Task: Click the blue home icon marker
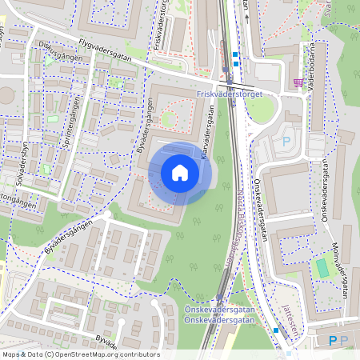(179, 173)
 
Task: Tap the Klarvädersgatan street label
(206, 135)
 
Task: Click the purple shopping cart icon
(298, 82)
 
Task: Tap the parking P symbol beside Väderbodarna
(286, 142)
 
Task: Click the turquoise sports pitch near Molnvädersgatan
(322, 268)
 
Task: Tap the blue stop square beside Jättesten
(276, 330)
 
